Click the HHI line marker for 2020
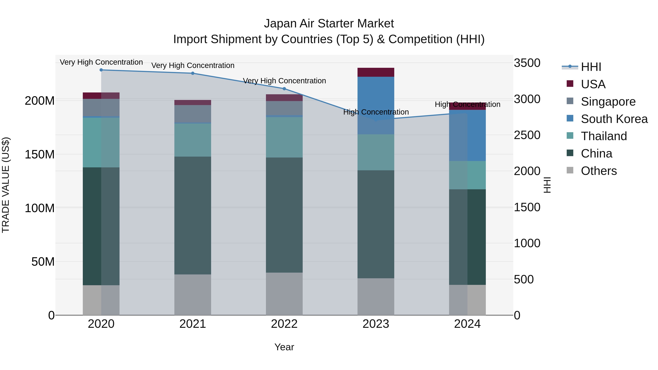[101, 70]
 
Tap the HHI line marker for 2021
[193, 73]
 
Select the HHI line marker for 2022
[284, 89]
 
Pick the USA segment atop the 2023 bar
[376, 72]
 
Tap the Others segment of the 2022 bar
[284, 294]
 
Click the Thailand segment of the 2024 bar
[467, 175]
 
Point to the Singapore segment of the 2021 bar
[193, 114]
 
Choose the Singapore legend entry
[608, 102]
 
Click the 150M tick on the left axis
[40, 154]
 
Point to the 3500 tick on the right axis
[527, 63]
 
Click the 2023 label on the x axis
[376, 324]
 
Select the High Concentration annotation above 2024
[467, 105]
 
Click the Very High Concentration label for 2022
[284, 81]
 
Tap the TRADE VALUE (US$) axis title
[6, 185]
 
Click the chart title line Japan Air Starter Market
[329, 24]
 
